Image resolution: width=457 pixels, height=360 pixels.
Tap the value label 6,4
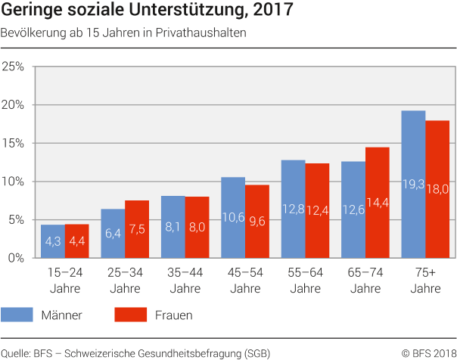(x=113, y=234)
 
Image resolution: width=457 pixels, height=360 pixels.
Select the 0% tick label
(x=17, y=258)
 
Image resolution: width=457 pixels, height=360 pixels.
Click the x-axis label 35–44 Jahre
(x=185, y=281)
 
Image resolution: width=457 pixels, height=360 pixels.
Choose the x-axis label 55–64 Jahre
(x=305, y=281)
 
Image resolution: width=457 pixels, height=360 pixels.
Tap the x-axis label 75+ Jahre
(x=425, y=281)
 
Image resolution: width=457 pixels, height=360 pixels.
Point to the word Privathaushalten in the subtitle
(x=204, y=33)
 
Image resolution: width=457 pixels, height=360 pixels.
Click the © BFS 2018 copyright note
(x=428, y=352)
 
